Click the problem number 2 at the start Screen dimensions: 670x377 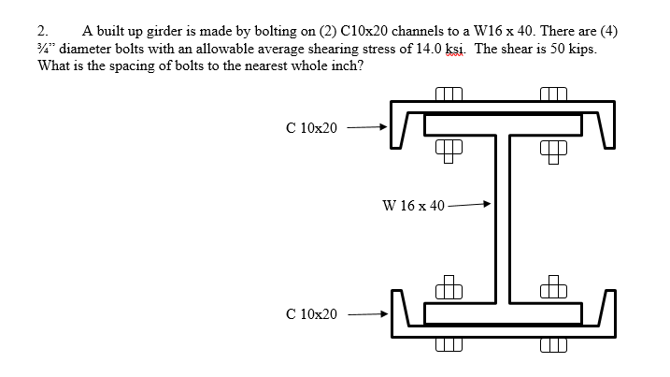[x=42, y=31]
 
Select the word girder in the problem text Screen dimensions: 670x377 [x=164, y=32]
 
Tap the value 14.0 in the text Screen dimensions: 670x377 [x=429, y=49]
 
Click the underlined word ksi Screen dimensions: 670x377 [x=455, y=49]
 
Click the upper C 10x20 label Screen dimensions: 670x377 [x=311, y=128]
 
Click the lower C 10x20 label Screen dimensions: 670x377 [x=311, y=314]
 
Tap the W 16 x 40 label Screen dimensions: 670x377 [x=414, y=206]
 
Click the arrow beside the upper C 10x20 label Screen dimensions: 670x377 [x=367, y=127]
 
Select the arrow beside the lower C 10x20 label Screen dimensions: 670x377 [x=368, y=314]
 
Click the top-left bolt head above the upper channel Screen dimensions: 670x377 [x=449, y=94]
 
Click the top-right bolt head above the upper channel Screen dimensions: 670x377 [x=553, y=94]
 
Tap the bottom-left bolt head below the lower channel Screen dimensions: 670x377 [x=449, y=345]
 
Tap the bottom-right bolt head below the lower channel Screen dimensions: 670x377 [x=553, y=345]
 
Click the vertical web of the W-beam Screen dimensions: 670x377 [x=503, y=219]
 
